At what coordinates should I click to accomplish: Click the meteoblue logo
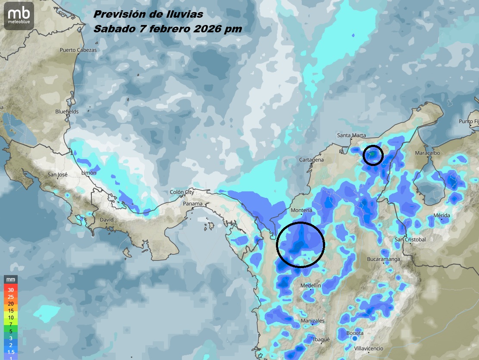pyautogui.click(x=19, y=16)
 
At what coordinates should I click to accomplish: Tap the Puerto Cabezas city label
pyautogui.click(x=78, y=50)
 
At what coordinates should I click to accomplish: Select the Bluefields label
pyautogui.click(x=67, y=111)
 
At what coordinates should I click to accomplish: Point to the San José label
pyautogui.click(x=57, y=175)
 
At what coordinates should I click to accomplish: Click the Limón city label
pyautogui.click(x=89, y=173)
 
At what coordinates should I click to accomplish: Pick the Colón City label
pyautogui.click(x=182, y=192)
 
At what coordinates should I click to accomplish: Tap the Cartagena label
pyautogui.click(x=311, y=160)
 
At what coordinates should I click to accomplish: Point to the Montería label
pyautogui.click(x=301, y=210)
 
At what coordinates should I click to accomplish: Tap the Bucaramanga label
pyautogui.click(x=383, y=259)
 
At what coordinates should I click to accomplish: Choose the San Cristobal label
pyautogui.click(x=410, y=239)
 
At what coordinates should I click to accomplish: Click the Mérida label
pyautogui.click(x=441, y=215)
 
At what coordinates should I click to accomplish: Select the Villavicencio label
pyautogui.click(x=369, y=348)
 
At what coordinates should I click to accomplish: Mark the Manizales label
pyautogui.click(x=313, y=321)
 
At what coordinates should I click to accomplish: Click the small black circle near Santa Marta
pyautogui.click(x=373, y=155)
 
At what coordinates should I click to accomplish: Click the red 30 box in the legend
pyautogui.click(x=11, y=290)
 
